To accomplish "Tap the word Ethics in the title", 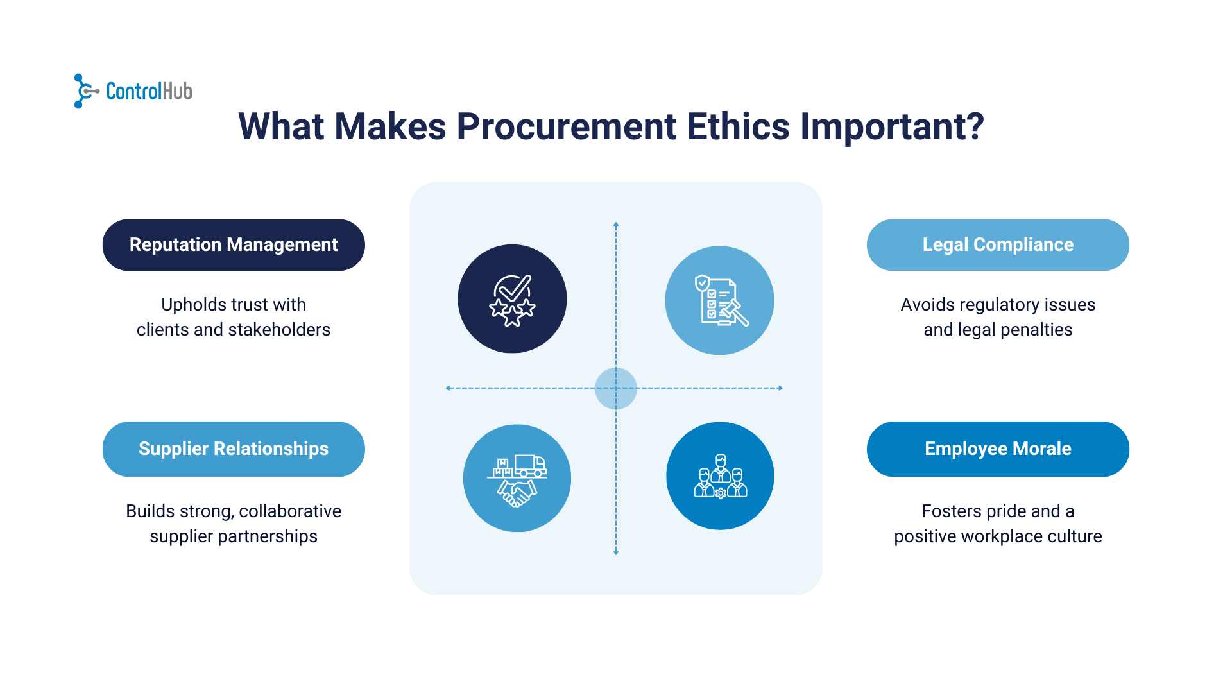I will [738, 126].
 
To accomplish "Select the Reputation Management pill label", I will [234, 245].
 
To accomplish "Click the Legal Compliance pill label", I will [998, 245].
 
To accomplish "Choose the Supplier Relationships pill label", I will [234, 449].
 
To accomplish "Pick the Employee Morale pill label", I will [998, 449].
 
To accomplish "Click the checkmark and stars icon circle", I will [512, 299].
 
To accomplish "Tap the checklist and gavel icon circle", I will [719, 300].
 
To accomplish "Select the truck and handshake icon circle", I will [517, 478].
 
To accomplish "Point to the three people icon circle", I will [720, 476].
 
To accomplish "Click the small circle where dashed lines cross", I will [616, 388].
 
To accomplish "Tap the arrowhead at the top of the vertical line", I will [616, 225].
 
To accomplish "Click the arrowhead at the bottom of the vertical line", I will [616, 552].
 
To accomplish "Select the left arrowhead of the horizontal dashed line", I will [448, 388].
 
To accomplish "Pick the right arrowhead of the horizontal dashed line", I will [780, 388].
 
